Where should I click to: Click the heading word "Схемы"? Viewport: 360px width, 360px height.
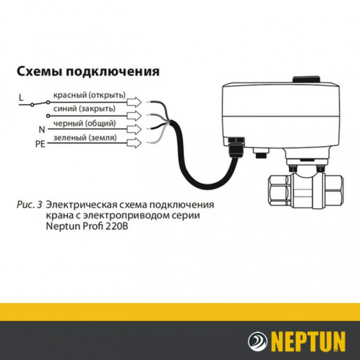coord(38,72)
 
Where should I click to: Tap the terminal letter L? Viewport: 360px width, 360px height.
coord(21,97)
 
